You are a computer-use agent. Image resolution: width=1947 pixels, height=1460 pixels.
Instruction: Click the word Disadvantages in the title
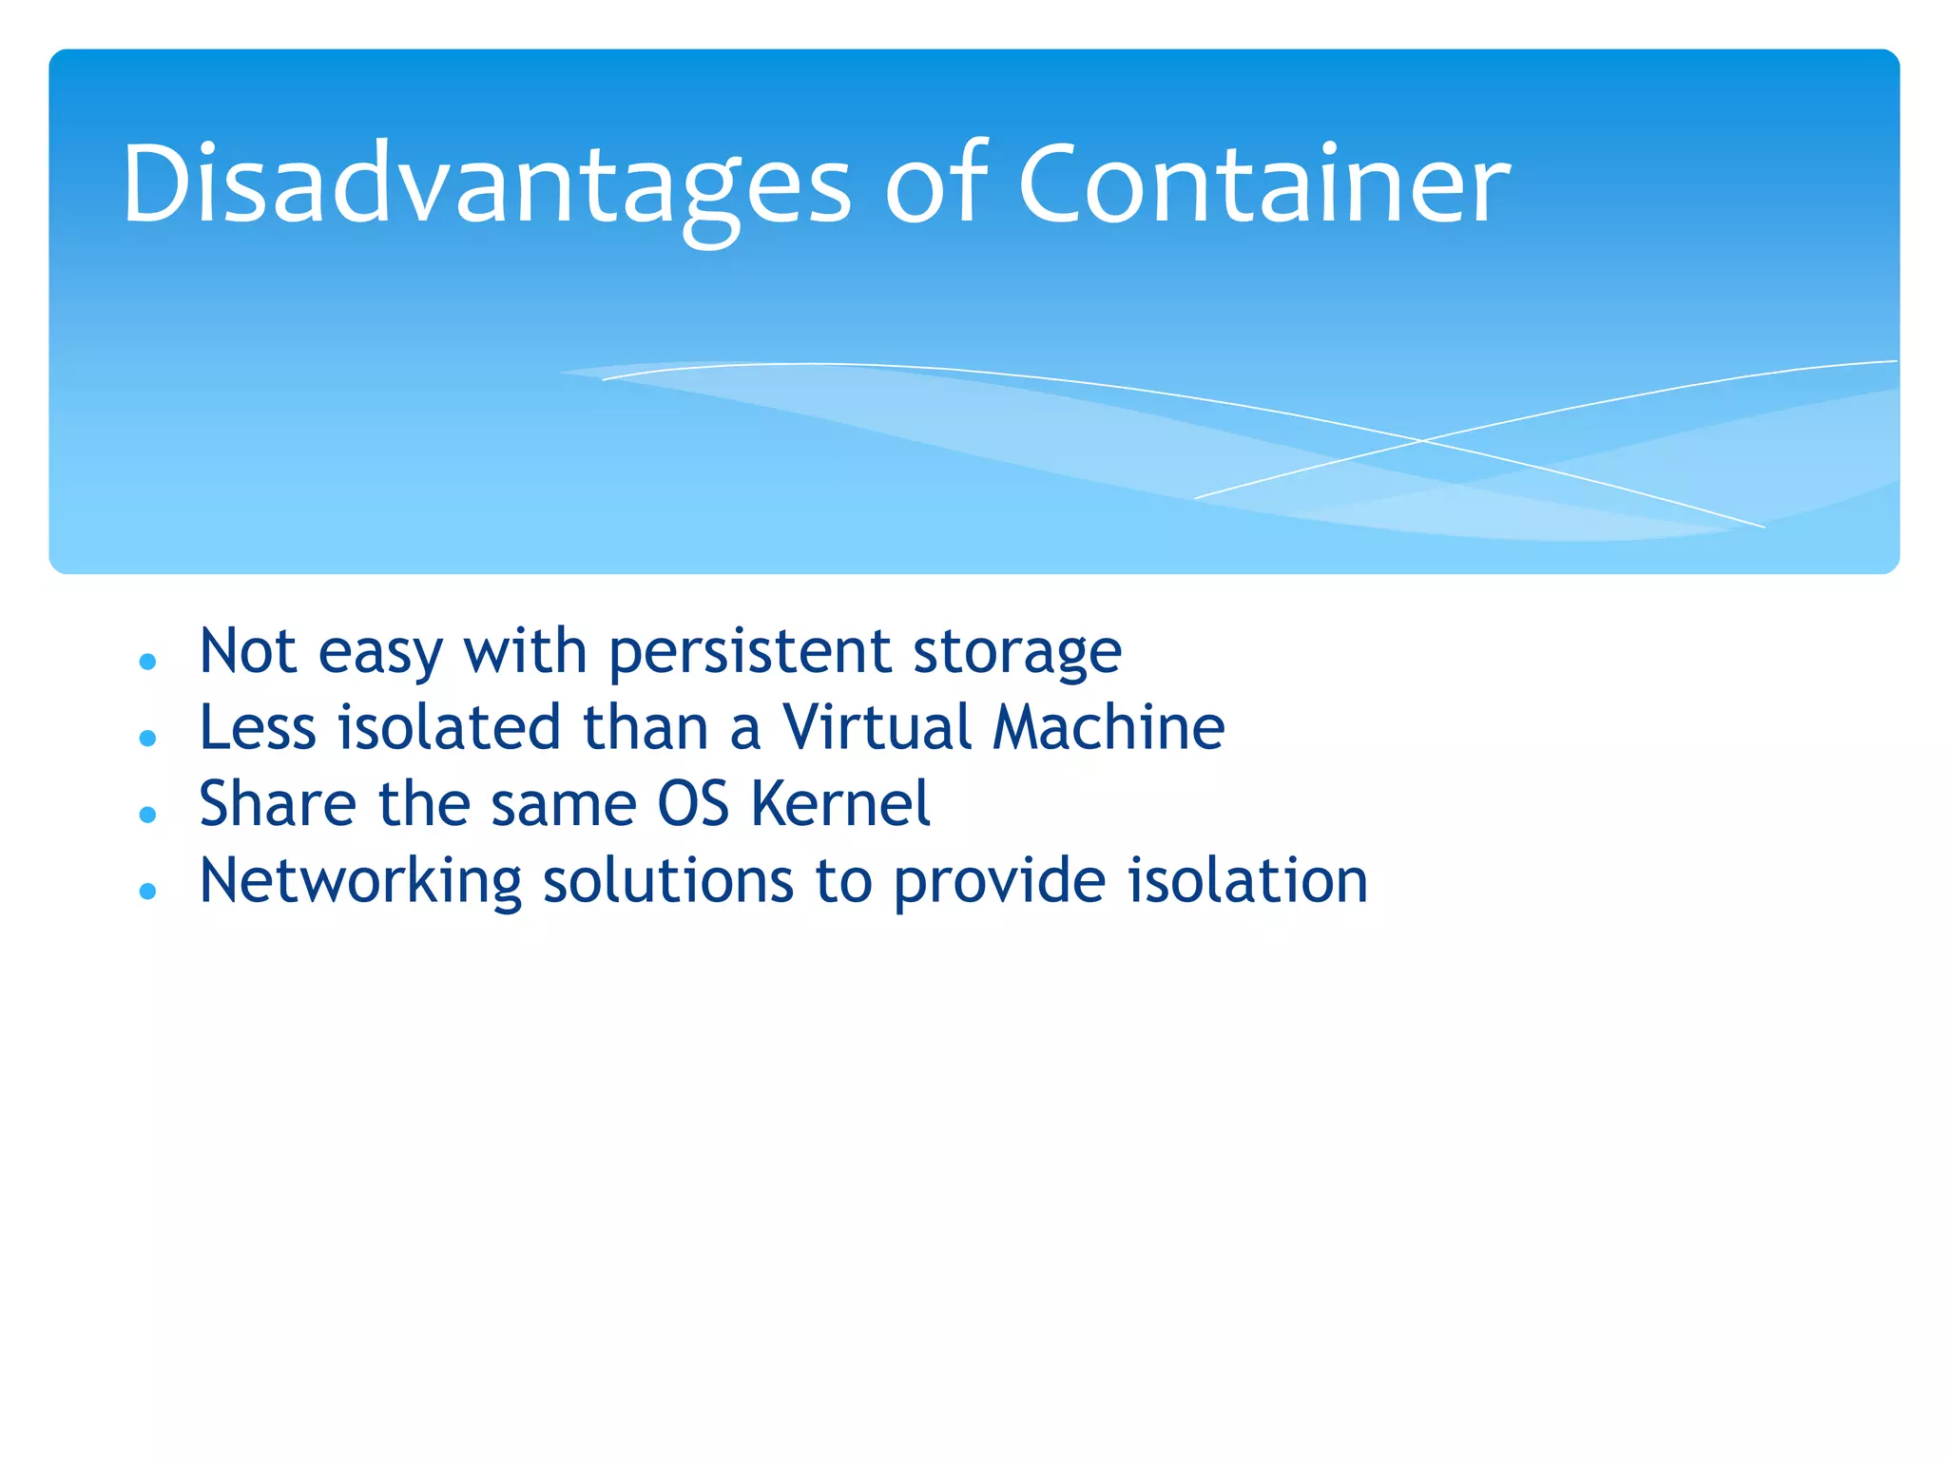tap(486, 183)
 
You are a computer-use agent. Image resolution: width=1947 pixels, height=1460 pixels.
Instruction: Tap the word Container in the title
tap(1263, 183)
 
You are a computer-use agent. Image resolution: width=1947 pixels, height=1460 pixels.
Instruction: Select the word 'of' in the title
tap(935, 183)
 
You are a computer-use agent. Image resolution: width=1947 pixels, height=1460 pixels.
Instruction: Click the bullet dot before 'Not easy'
tap(147, 662)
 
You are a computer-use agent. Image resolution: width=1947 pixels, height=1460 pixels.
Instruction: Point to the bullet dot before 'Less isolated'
tap(147, 738)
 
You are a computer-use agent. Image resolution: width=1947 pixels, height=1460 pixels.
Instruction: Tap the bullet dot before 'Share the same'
tap(147, 815)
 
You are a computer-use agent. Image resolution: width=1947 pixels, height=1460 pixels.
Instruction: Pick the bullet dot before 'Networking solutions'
tap(147, 891)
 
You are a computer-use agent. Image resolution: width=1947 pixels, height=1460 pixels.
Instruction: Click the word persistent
tap(750, 653)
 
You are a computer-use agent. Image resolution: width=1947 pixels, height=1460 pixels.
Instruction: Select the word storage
tap(1017, 653)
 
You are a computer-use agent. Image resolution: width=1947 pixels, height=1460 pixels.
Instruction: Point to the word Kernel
tap(840, 804)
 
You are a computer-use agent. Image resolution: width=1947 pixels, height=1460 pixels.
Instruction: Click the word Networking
tap(360, 881)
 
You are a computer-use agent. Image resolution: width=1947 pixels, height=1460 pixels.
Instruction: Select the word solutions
tap(667, 881)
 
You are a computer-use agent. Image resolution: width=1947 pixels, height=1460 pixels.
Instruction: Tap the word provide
tap(999, 881)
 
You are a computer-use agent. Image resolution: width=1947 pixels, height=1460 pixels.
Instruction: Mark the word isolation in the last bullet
tap(1247, 881)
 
